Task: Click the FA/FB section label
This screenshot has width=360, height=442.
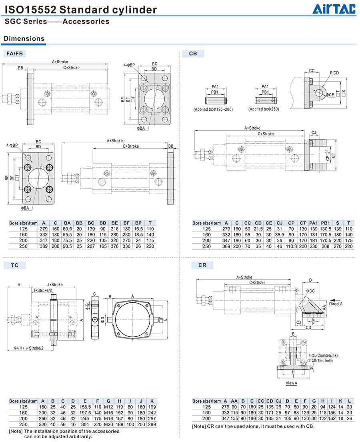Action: click(x=15, y=54)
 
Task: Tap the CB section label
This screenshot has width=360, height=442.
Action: click(x=193, y=54)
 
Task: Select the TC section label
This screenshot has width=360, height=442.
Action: click(x=15, y=265)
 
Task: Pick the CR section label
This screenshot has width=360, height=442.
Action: click(x=202, y=265)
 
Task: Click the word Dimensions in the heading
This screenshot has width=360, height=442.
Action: click(x=24, y=39)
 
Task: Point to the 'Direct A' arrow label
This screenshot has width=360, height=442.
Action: click(x=336, y=304)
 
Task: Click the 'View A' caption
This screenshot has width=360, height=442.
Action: click(x=291, y=383)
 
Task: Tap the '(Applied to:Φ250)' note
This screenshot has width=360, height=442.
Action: click(x=264, y=109)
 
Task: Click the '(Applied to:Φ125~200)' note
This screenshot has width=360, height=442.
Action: click(x=213, y=109)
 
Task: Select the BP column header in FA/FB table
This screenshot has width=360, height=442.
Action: click(x=138, y=223)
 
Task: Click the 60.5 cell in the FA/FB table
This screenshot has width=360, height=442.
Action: click(x=67, y=229)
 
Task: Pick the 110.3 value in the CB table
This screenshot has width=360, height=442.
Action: click(x=291, y=246)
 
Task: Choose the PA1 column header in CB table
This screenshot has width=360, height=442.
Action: click(x=314, y=223)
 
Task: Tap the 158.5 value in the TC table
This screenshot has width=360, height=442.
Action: click(x=85, y=407)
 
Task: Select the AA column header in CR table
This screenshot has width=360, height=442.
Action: click(x=234, y=401)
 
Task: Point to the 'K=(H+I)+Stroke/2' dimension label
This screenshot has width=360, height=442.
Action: click(x=29, y=348)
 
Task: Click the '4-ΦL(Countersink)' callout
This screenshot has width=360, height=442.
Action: click(x=323, y=356)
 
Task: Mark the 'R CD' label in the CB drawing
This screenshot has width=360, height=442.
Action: click(x=334, y=73)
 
